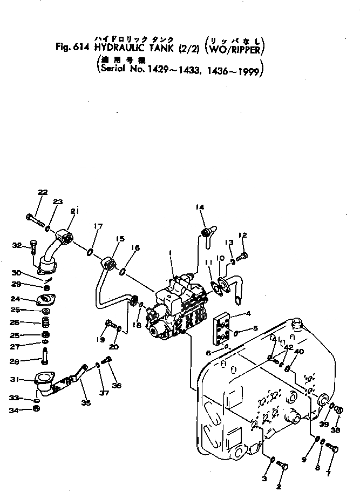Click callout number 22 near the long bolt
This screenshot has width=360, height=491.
coord(43,192)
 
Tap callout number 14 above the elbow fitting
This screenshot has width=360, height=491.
coord(200,207)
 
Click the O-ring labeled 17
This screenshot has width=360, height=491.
coord(90,252)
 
